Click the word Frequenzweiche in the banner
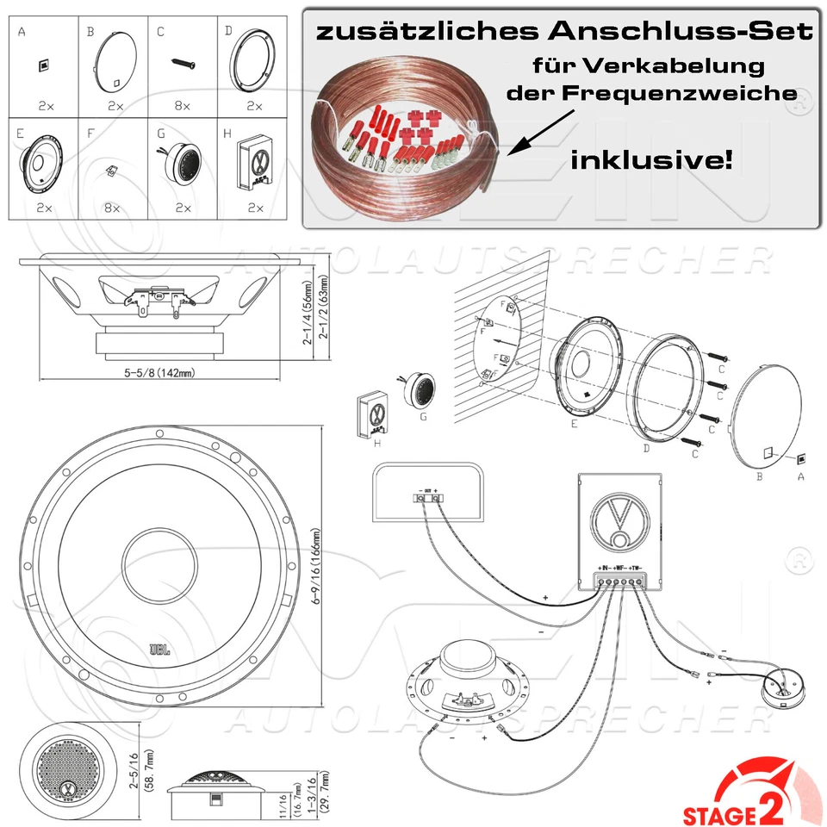[x=651, y=93]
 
